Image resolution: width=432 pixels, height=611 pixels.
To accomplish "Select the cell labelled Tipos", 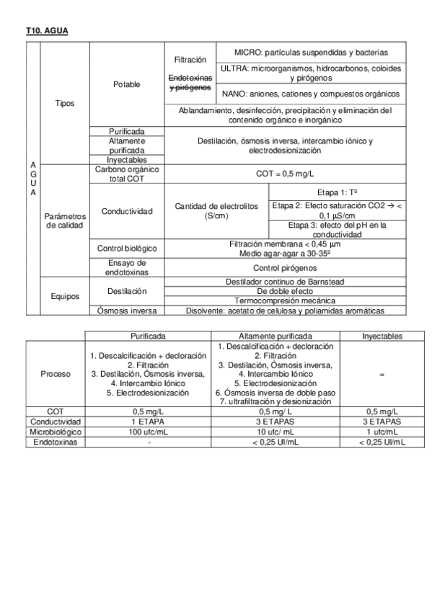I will click(x=64, y=103).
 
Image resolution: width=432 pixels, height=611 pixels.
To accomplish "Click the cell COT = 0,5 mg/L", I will click(x=286, y=174).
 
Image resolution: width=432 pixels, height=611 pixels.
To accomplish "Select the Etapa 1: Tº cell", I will click(x=337, y=193).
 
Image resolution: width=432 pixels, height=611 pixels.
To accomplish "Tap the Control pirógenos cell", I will click(x=286, y=267).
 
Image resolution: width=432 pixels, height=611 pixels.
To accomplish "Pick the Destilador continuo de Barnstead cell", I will click(x=286, y=281).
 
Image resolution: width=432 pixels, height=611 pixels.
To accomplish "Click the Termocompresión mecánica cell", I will click(x=286, y=300).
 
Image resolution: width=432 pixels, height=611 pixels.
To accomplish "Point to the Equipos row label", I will click(x=64, y=295).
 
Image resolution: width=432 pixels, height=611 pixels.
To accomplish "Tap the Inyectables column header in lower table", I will click(x=382, y=336).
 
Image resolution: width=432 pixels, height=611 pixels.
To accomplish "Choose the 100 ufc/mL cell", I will click(x=149, y=432).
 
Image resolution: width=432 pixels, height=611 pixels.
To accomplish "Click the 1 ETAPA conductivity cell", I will click(x=149, y=422).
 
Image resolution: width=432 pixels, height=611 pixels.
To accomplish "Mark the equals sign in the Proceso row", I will click(x=382, y=375).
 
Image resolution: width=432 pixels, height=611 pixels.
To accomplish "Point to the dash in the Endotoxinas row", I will click(x=149, y=442).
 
